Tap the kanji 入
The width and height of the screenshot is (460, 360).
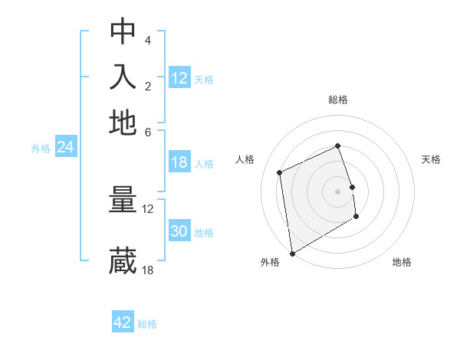coord(123,77)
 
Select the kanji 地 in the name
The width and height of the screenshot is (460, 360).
coord(123,123)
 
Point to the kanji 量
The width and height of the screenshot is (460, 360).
coord(123,201)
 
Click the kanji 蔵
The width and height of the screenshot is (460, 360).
coord(123,261)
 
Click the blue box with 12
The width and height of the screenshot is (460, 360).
coord(179,78)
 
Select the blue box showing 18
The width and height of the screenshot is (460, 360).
coord(179,162)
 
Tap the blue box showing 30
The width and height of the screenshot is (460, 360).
coord(179,232)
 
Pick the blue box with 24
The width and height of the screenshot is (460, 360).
coord(65,148)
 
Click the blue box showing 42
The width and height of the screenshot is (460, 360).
coord(123,322)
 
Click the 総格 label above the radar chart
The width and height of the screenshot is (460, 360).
coord(337,100)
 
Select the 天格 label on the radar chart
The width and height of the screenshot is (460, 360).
coord(431,159)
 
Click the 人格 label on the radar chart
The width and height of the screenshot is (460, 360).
coord(245,159)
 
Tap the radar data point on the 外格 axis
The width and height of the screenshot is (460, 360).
coord(291,253)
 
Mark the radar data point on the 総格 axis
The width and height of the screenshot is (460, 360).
coord(337,146)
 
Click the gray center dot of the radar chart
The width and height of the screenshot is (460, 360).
coord(337,191)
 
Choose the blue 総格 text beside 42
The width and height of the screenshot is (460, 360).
coord(147,324)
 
